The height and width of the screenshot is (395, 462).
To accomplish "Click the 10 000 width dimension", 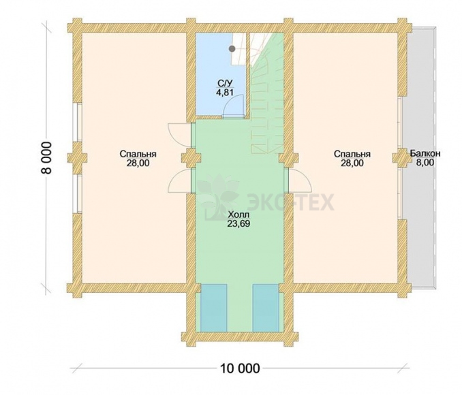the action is [x=240, y=368].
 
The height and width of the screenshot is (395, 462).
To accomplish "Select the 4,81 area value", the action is [x=225, y=93].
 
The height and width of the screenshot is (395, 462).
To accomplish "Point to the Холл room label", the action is [x=238, y=215].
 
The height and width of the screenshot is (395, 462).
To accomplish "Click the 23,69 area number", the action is [x=238, y=224].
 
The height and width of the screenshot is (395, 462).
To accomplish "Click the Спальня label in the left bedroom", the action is [x=138, y=155].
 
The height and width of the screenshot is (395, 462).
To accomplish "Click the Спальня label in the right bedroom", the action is [x=352, y=155].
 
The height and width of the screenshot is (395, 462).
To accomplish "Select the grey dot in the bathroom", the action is [x=232, y=48].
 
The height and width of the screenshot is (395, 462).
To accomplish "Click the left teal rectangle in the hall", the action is [x=214, y=308].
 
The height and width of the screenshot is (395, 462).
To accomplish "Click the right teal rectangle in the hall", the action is [x=266, y=308].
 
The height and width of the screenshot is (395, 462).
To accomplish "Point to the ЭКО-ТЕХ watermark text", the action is [x=290, y=202].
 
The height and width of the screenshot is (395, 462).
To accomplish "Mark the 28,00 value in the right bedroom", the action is [x=352, y=163].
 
